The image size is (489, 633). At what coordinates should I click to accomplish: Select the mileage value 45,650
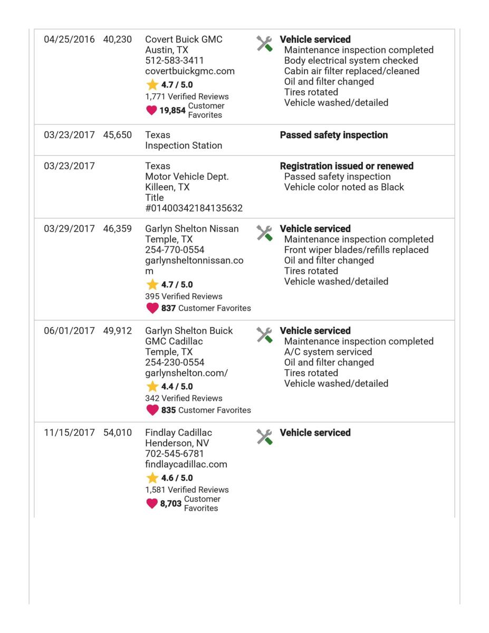pyautogui.click(x=118, y=135)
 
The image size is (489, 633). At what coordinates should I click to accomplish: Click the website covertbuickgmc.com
pyautogui.click(x=190, y=71)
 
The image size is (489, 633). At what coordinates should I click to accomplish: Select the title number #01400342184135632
pyautogui.click(x=194, y=208)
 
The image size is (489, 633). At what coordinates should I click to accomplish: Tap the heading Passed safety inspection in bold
pyautogui.click(x=333, y=135)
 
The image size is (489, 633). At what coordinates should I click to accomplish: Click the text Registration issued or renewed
pyautogui.click(x=346, y=166)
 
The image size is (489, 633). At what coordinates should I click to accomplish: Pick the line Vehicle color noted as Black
pyautogui.click(x=344, y=187)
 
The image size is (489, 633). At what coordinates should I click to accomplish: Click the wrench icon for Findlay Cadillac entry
pyautogui.click(x=264, y=436)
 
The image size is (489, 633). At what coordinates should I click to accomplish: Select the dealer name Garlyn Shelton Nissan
pyautogui.click(x=191, y=229)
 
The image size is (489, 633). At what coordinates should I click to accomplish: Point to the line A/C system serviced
pyautogui.click(x=328, y=352)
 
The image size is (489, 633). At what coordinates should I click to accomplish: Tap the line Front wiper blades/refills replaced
pyautogui.click(x=356, y=250)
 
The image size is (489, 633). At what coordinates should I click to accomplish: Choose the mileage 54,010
pyautogui.click(x=118, y=433)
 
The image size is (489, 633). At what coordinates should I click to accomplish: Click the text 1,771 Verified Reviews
pyautogui.click(x=187, y=97)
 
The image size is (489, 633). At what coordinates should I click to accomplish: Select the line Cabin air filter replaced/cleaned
pyautogui.click(x=352, y=71)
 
